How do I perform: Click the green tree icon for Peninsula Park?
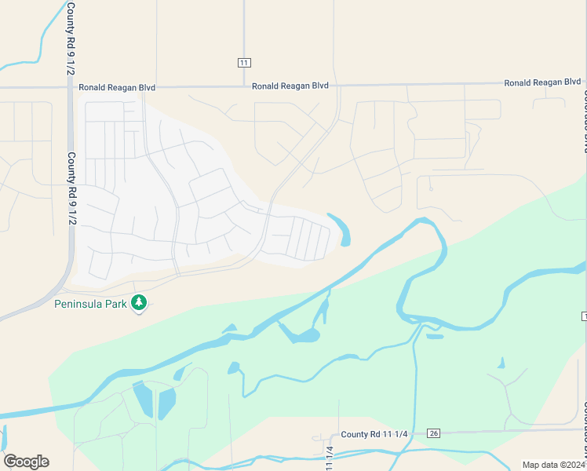point(139,301)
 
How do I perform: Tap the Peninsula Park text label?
point(90,303)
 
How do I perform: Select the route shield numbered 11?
point(244,62)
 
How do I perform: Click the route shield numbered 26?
point(433,433)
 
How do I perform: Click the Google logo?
point(26,462)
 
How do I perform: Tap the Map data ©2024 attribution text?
point(552,465)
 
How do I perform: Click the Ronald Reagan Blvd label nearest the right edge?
point(542,82)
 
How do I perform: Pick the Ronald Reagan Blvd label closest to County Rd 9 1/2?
point(117,87)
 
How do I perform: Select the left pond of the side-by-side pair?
point(144,399)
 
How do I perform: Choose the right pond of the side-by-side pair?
point(167,403)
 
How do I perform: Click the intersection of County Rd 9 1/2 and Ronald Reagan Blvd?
point(71,87)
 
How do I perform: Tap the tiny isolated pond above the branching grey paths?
point(501,363)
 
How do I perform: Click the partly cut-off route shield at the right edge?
point(584,315)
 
